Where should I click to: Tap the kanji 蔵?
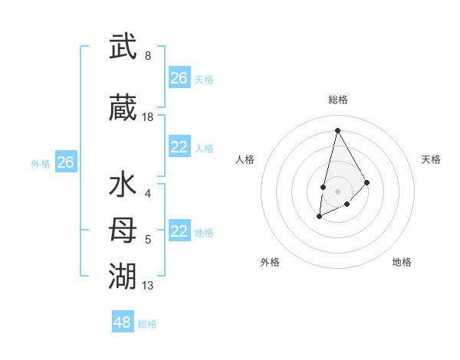tap(123, 109)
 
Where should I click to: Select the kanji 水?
tap(123, 186)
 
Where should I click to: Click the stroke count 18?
tap(148, 117)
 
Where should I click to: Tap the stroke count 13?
tap(148, 286)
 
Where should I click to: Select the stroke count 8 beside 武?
tap(148, 56)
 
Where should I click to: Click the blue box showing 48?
tap(123, 322)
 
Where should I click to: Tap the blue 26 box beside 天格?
tap(179, 78)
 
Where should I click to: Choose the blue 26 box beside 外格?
tap(66, 162)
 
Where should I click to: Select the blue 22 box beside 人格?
tap(179, 148)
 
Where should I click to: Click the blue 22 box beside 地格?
tap(179, 232)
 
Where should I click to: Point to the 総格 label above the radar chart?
tap(338, 100)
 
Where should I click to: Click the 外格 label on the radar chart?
tap(270, 262)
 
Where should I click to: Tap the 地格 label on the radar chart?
tap(402, 262)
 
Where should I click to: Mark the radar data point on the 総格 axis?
tap(337, 130)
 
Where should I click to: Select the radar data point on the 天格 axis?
tap(366, 182)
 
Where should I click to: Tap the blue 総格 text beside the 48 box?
tap(147, 324)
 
